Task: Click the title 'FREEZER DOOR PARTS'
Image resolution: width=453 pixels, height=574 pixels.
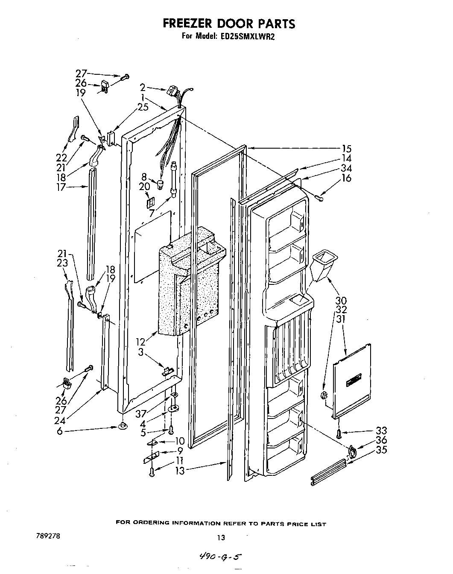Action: (x=228, y=24)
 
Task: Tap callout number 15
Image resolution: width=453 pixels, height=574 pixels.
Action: (x=347, y=149)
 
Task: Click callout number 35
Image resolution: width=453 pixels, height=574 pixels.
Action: (x=381, y=450)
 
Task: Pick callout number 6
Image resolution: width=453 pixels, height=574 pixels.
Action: (x=60, y=432)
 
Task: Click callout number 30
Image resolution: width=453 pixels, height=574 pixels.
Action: (x=341, y=301)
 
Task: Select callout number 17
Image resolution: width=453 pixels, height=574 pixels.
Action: (x=61, y=187)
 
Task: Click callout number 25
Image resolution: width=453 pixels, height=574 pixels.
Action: (x=143, y=107)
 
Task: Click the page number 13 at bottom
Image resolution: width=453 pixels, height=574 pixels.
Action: (x=221, y=537)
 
